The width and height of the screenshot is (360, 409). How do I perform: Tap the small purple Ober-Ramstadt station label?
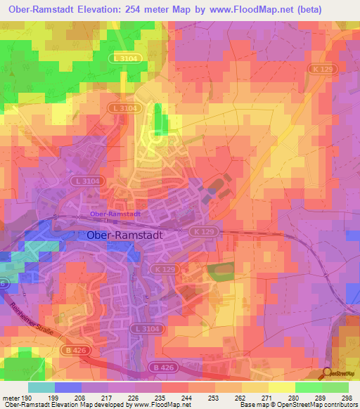[x=115, y=214]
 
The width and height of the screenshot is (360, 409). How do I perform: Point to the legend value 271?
[x=254, y=397]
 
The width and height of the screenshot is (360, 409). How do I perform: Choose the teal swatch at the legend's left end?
[x=41, y=387]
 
